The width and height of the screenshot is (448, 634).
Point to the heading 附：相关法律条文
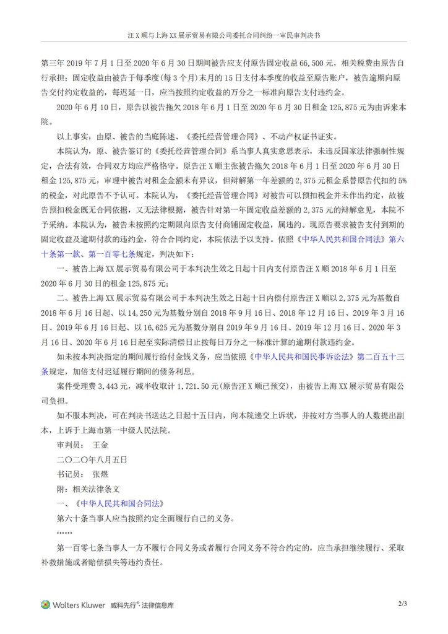tap(90, 489)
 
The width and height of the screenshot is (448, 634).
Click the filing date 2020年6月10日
tap(92, 107)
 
